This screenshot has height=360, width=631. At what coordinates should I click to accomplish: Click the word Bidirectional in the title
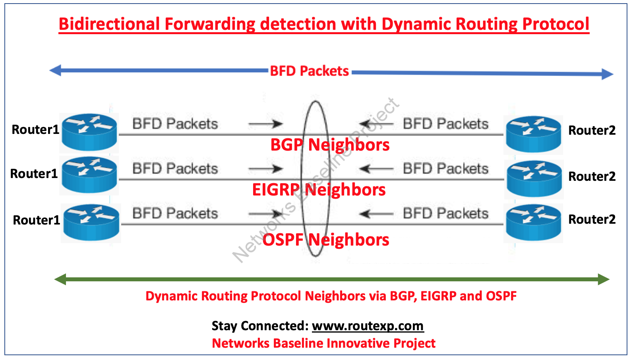109,24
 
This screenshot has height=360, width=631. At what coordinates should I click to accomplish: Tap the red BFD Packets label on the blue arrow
309,71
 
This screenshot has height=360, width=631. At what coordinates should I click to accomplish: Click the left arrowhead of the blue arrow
55,71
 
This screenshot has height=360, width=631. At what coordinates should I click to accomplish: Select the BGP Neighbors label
330,145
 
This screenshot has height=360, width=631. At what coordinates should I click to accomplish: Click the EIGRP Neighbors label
319,190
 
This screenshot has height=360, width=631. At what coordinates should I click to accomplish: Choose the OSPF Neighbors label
326,240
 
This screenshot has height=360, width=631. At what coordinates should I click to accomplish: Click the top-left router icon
89,132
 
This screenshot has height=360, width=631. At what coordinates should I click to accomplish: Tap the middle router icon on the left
89,175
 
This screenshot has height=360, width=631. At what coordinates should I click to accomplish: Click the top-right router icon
533,134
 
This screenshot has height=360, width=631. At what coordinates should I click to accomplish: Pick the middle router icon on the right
534,179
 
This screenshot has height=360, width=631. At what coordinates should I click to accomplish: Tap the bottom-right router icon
533,223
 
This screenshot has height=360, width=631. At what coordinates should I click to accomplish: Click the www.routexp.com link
368,326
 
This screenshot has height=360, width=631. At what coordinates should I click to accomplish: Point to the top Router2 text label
592,130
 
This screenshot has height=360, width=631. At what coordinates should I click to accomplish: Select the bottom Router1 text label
36,220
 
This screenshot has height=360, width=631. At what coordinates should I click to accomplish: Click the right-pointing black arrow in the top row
265,124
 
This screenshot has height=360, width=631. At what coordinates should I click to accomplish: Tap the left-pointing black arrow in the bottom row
376,214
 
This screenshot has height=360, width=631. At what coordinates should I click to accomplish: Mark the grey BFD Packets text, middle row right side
445,169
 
